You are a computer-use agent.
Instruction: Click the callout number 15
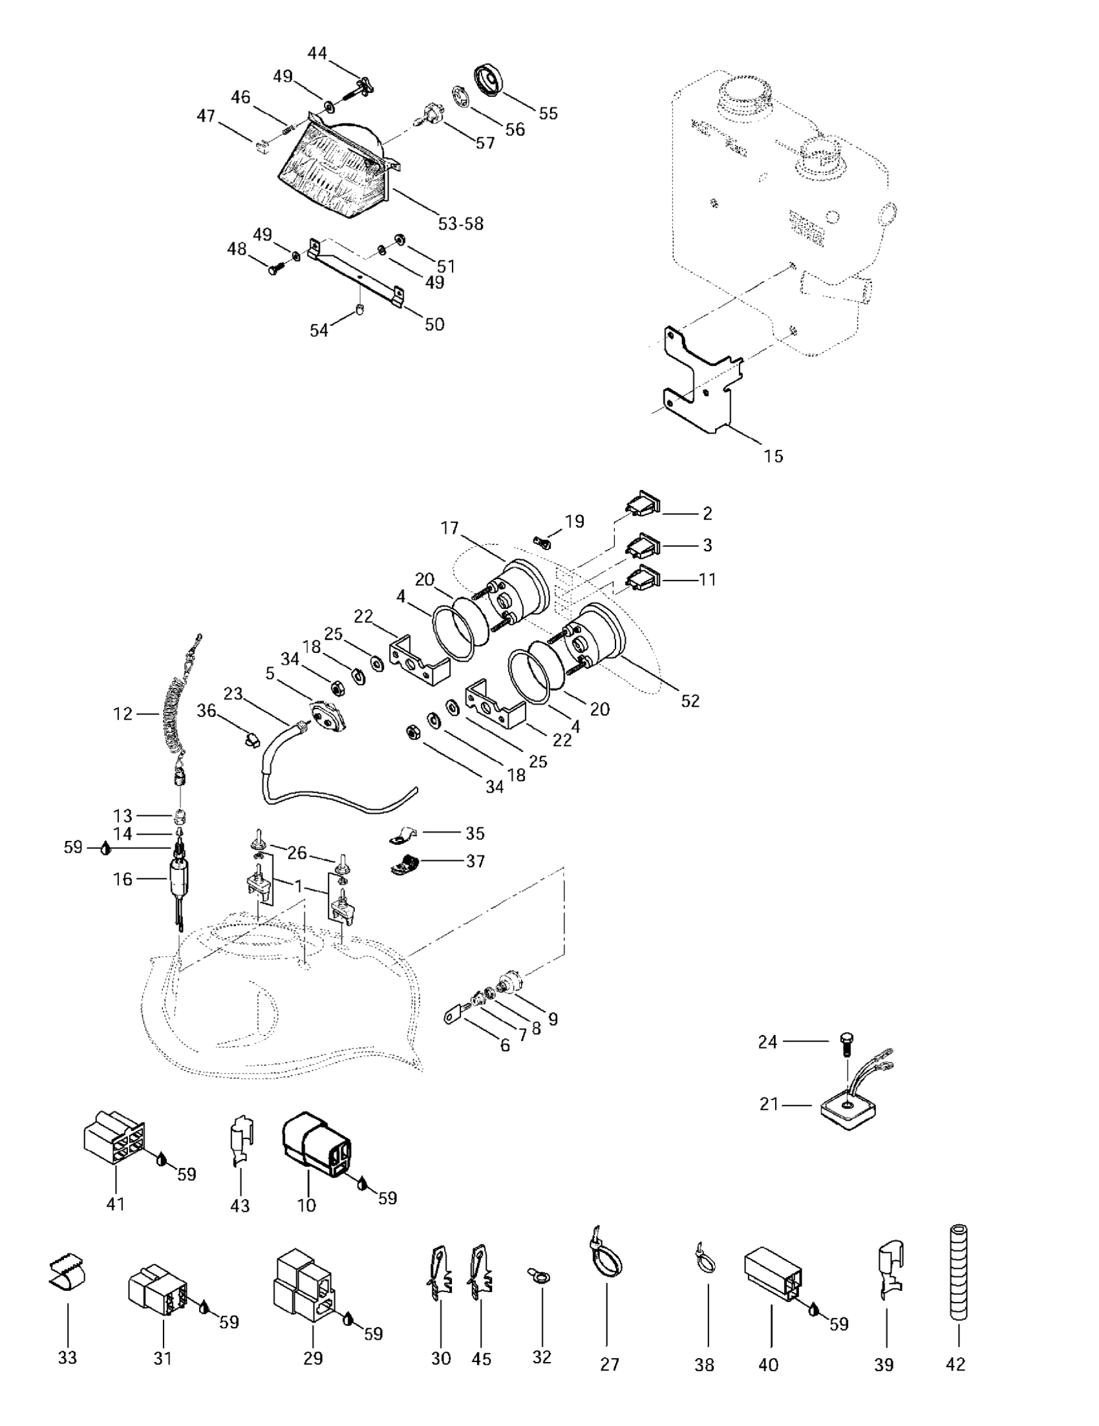tap(773, 456)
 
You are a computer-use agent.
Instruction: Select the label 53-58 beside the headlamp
tap(460, 224)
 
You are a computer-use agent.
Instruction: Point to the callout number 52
tap(690, 701)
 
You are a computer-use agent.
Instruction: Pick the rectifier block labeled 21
tap(848, 1108)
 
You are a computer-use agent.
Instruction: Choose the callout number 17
tap(450, 527)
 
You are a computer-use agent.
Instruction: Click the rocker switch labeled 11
tap(644, 578)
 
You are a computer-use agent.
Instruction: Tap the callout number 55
tap(548, 113)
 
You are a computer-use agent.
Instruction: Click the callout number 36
tap(206, 710)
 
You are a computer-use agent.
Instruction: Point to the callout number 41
tap(115, 1204)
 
